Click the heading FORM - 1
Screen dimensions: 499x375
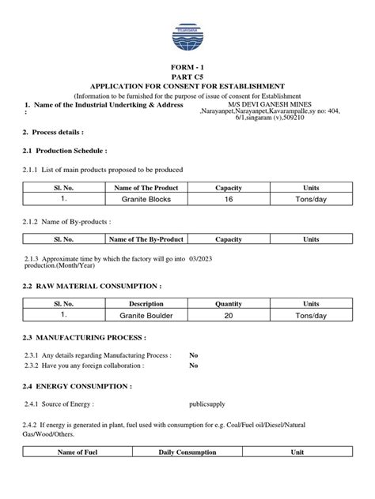click(x=187, y=69)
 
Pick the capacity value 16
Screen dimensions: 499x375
click(x=229, y=200)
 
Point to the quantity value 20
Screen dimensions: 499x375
click(x=229, y=315)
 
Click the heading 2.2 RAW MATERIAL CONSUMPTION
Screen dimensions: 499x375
click(x=93, y=284)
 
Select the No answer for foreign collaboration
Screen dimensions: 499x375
click(x=194, y=366)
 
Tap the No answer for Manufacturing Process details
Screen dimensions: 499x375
click(x=194, y=355)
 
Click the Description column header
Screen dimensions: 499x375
click(x=146, y=303)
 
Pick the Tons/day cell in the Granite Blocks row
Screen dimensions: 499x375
click(x=311, y=200)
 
